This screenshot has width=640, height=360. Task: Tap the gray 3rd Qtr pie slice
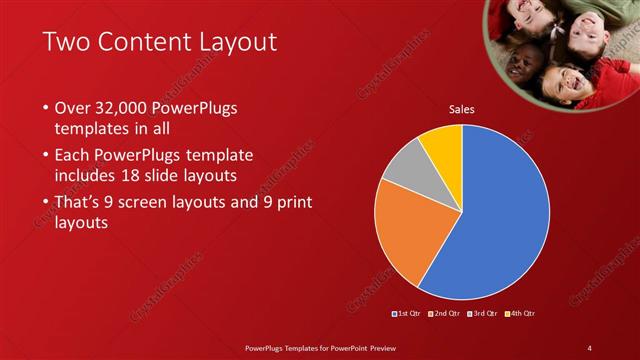405,170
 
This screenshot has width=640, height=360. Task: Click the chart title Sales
461,109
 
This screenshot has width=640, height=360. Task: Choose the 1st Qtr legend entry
407,314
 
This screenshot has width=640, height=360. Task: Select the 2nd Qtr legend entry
444,314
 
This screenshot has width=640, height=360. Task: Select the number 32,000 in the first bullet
122,107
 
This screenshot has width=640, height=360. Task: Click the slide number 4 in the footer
590,347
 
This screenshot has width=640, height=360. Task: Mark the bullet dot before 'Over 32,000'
46,108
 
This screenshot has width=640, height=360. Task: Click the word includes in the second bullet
88,177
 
